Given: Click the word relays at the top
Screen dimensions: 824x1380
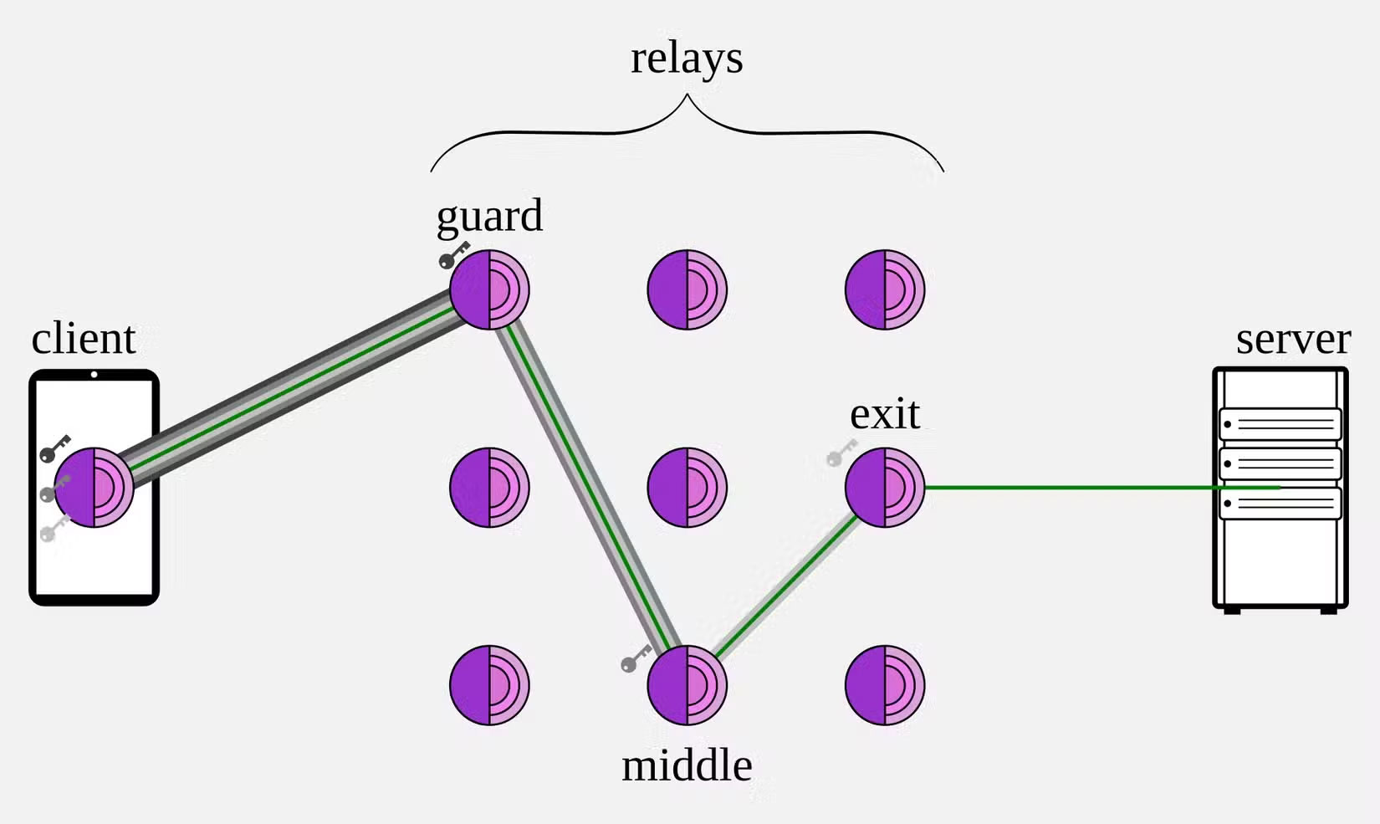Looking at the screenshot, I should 687,59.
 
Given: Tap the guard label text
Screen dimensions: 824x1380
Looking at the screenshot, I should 489,217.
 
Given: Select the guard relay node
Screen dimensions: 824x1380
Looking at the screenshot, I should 489,289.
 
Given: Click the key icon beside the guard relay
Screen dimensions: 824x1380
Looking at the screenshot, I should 454,254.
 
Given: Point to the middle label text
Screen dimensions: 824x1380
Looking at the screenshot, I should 687,765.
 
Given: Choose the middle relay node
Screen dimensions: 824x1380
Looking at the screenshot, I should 687,685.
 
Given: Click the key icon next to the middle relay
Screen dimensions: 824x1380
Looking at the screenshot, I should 636,658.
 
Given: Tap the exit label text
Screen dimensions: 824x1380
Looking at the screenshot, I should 885,414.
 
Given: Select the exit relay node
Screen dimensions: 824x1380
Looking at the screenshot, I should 885,488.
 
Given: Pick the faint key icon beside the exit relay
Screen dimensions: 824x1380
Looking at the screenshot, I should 841,453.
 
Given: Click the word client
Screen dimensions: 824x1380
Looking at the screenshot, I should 84,339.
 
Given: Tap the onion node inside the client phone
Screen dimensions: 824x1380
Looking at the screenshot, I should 94,488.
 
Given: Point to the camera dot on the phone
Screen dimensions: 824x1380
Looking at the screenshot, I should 94,375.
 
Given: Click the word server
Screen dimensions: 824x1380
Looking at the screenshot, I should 1293,339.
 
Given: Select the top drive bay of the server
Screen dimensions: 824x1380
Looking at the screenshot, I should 1280,424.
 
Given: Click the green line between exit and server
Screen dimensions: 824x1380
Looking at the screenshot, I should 1071,487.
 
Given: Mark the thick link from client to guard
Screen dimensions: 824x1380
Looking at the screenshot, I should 293,388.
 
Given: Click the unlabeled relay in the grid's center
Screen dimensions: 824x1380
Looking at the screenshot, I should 687,488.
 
